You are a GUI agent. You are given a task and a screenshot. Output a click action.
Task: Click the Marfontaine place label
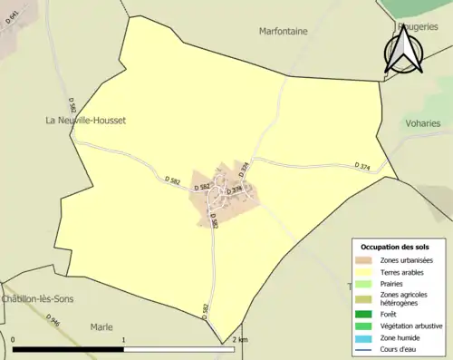click(284, 31)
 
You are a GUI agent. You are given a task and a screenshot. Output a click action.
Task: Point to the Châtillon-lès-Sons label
click(37, 299)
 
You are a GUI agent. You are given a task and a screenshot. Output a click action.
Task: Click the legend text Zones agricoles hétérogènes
click(405, 298)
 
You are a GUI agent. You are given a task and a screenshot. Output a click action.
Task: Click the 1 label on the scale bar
click(124, 339)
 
